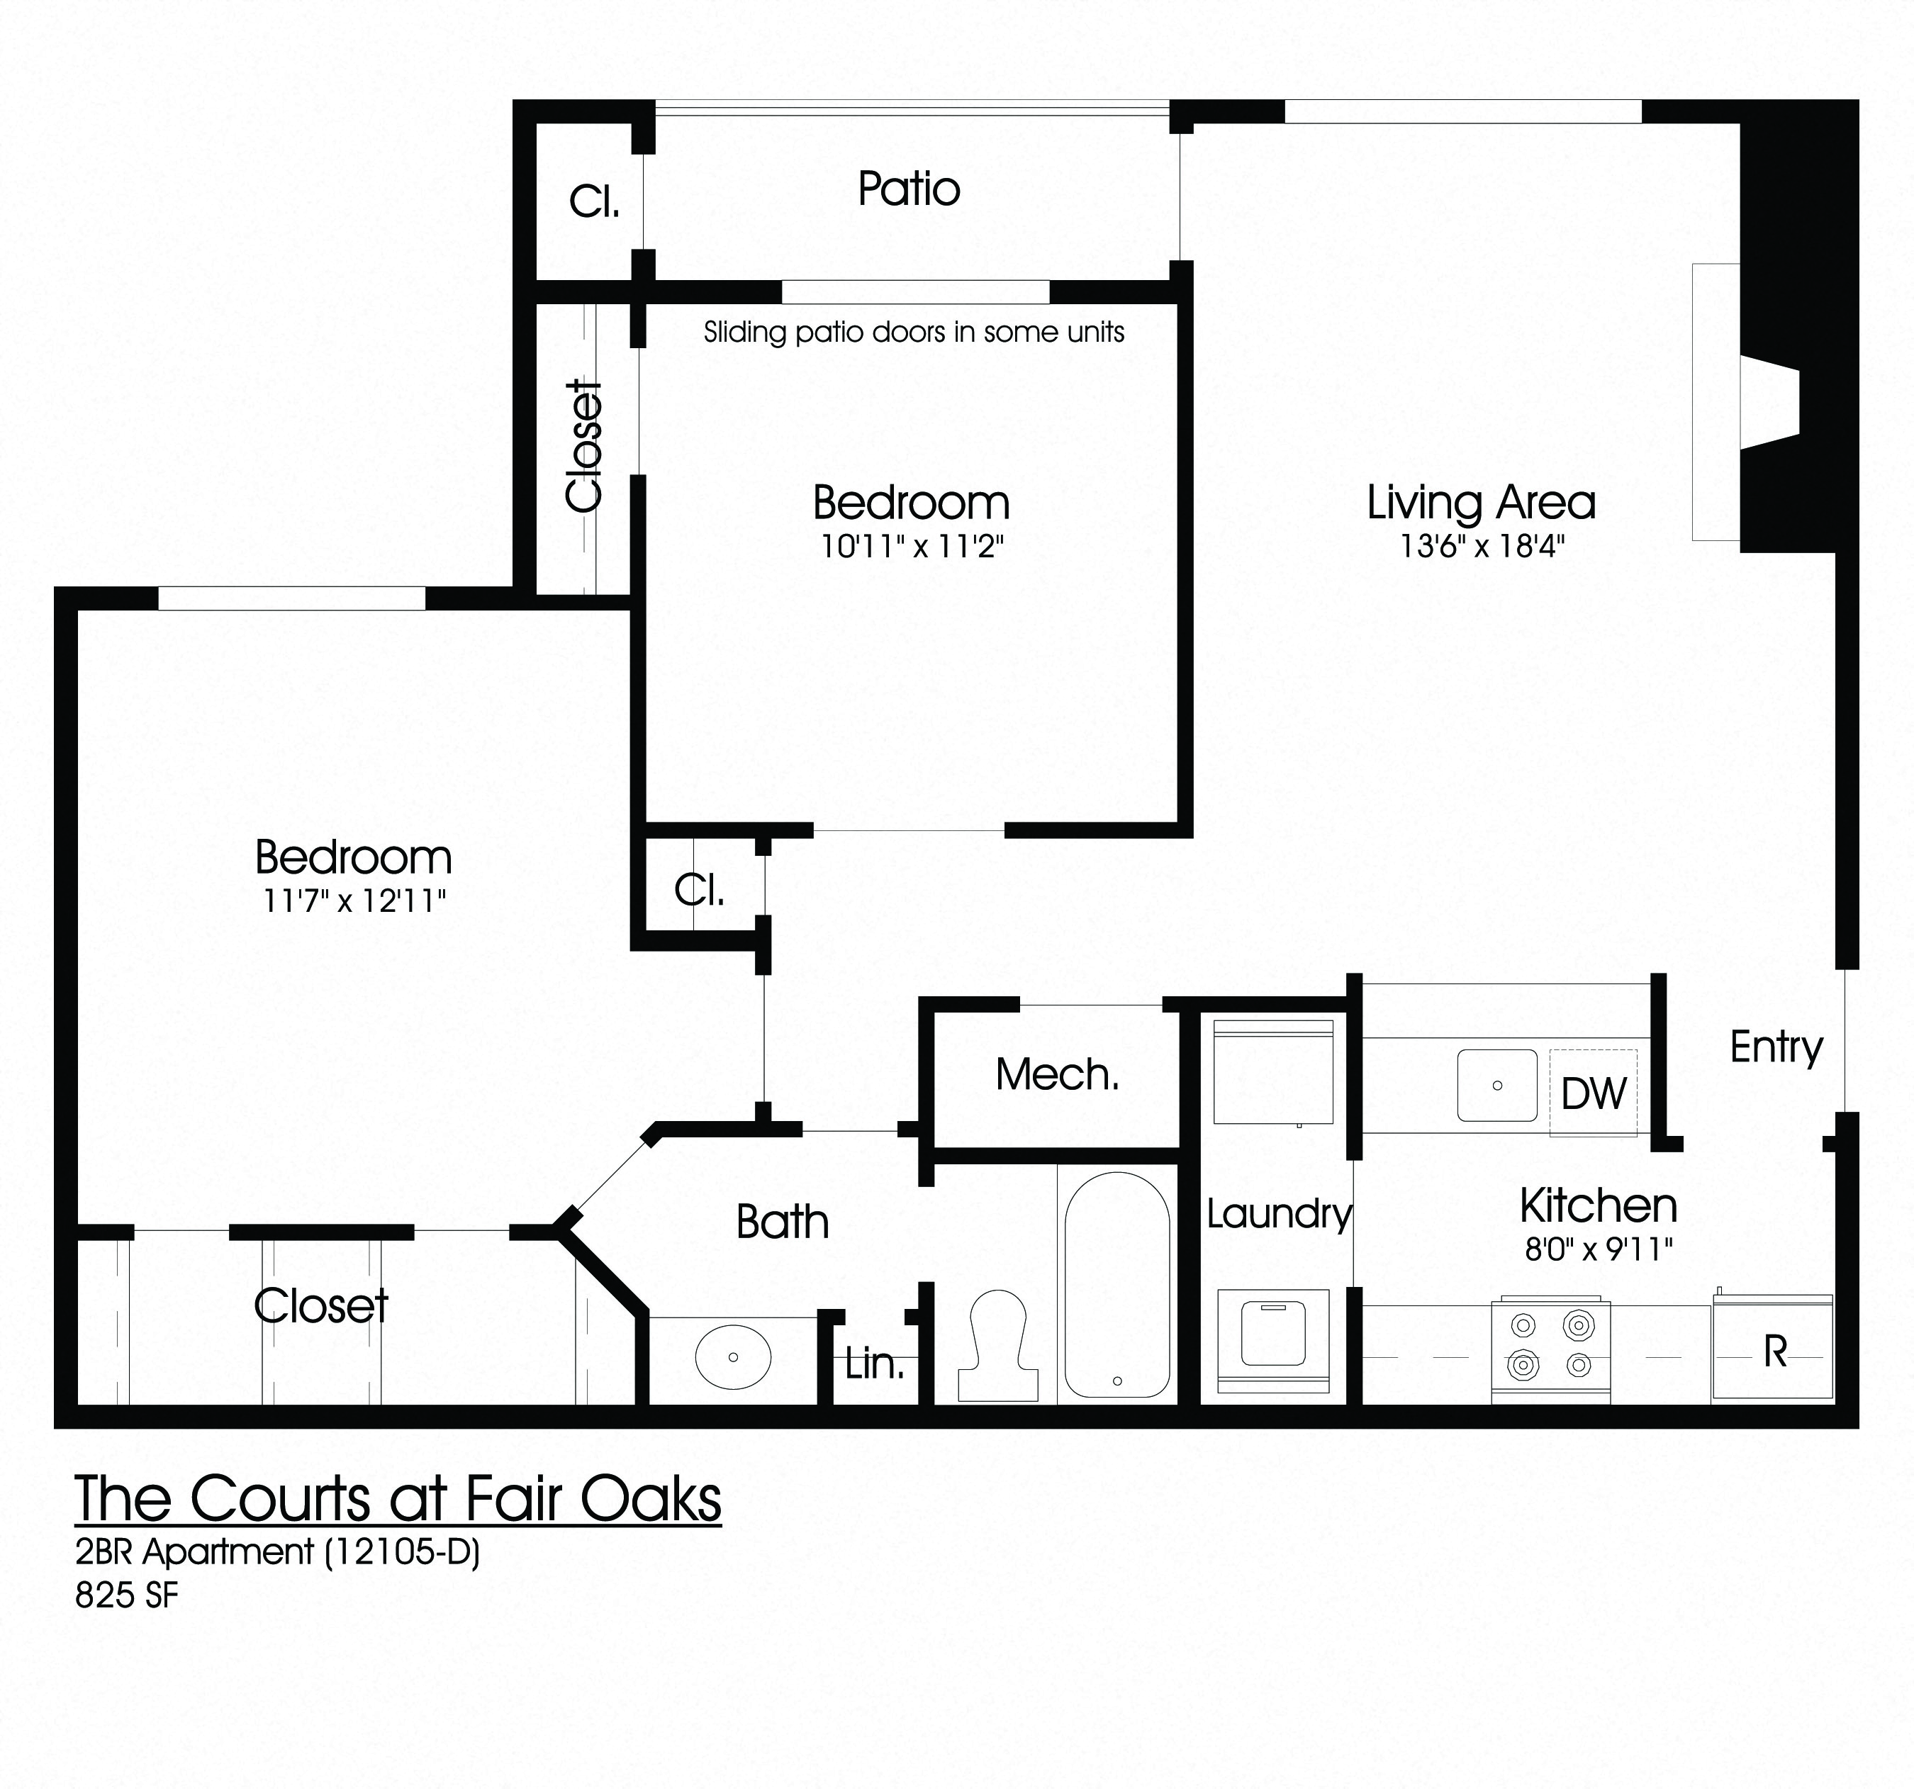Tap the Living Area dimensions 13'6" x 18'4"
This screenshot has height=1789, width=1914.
[x=1481, y=547]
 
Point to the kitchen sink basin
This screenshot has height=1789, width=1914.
[x=1496, y=1085]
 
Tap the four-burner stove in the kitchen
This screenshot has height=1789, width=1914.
[x=1550, y=1349]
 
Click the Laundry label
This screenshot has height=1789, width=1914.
[x=1279, y=1214]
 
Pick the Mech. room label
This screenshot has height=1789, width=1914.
[x=1057, y=1074]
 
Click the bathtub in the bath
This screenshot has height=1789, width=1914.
[x=1116, y=1286]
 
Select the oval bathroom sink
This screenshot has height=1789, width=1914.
[x=733, y=1356]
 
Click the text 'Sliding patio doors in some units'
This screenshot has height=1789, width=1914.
[x=913, y=332]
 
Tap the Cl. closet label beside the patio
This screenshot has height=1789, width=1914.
[x=593, y=202]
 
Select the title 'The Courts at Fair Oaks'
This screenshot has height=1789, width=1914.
[x=398, y=1499]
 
